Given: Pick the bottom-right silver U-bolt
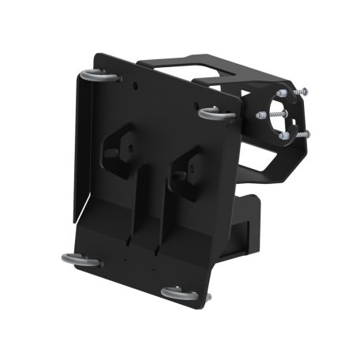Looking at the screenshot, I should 180,294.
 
